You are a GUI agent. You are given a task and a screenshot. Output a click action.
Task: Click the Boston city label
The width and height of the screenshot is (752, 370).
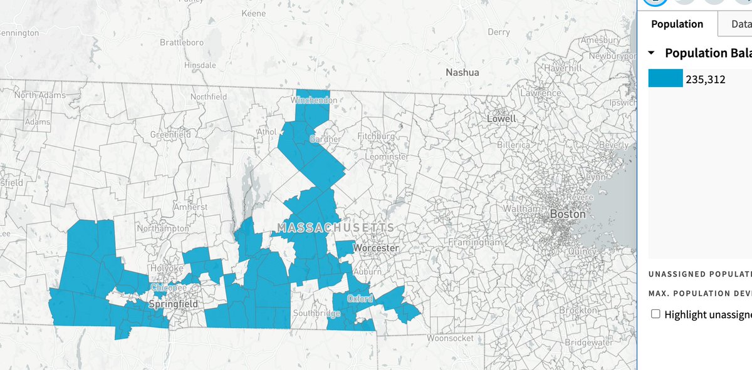567,214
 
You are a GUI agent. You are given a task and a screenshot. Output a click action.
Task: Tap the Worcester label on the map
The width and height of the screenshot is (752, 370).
376,249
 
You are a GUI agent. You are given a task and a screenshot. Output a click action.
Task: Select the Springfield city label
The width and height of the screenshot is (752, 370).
174,304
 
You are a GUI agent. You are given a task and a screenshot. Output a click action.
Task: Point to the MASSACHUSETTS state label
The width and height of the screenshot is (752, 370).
337,227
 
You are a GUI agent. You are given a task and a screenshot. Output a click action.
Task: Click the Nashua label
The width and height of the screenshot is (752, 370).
462,73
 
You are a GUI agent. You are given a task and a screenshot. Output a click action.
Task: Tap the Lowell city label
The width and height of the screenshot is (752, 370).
501,118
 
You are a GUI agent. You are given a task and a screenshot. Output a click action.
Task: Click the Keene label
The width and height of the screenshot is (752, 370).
254,13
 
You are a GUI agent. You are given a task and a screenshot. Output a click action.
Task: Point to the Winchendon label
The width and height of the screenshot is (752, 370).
316,100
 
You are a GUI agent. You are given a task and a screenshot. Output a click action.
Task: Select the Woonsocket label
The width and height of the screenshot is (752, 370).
450,338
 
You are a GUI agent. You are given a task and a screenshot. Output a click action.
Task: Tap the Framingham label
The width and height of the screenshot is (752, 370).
476,242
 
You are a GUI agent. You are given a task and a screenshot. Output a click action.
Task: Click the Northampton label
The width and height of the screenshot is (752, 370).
162,229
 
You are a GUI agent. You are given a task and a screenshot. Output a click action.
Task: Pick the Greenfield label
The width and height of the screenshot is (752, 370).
170,135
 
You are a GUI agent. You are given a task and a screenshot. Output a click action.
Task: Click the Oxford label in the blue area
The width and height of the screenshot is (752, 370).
360,299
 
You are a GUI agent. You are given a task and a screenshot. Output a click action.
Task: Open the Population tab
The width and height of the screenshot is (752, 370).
677,24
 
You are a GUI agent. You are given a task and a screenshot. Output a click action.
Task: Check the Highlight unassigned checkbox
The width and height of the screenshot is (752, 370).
656,314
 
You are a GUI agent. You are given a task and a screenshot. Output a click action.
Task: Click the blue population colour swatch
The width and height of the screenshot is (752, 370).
666,78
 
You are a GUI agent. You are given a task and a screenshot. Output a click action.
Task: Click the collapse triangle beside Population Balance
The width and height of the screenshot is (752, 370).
652,53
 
